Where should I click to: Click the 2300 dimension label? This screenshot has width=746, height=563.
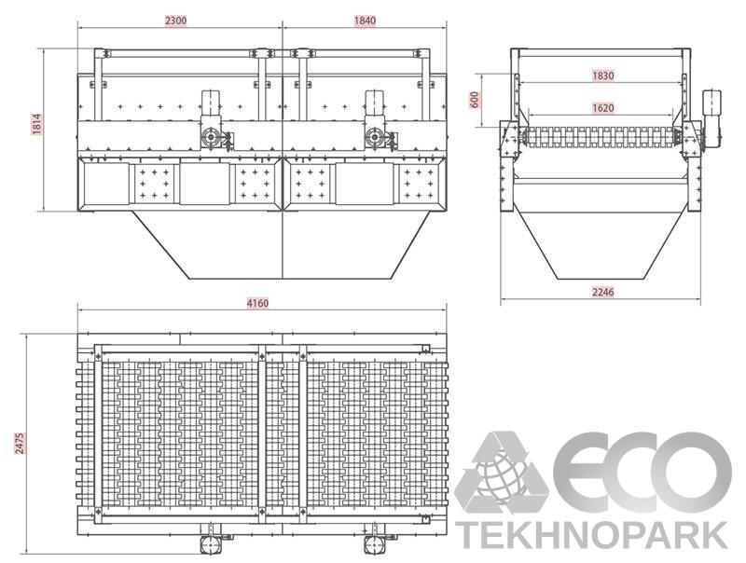click(x=176, y=21)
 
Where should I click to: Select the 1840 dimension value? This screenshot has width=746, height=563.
click(x=365, y=21)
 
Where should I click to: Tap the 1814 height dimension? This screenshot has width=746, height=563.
click(x=37, y=124)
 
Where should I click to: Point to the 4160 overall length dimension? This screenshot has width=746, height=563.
click(x=257, y=303)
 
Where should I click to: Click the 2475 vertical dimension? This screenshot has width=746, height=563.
click(x=20, y=443)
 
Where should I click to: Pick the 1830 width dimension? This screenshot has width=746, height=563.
click(x=602, y=76)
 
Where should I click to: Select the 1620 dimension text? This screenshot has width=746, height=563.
click(x=602, y=108)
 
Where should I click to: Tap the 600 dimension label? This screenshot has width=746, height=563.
click(x=475, y=100)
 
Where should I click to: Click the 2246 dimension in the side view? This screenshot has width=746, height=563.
click(x=602, y=292)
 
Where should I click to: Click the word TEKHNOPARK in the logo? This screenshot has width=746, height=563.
click(x=592, y=535)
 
